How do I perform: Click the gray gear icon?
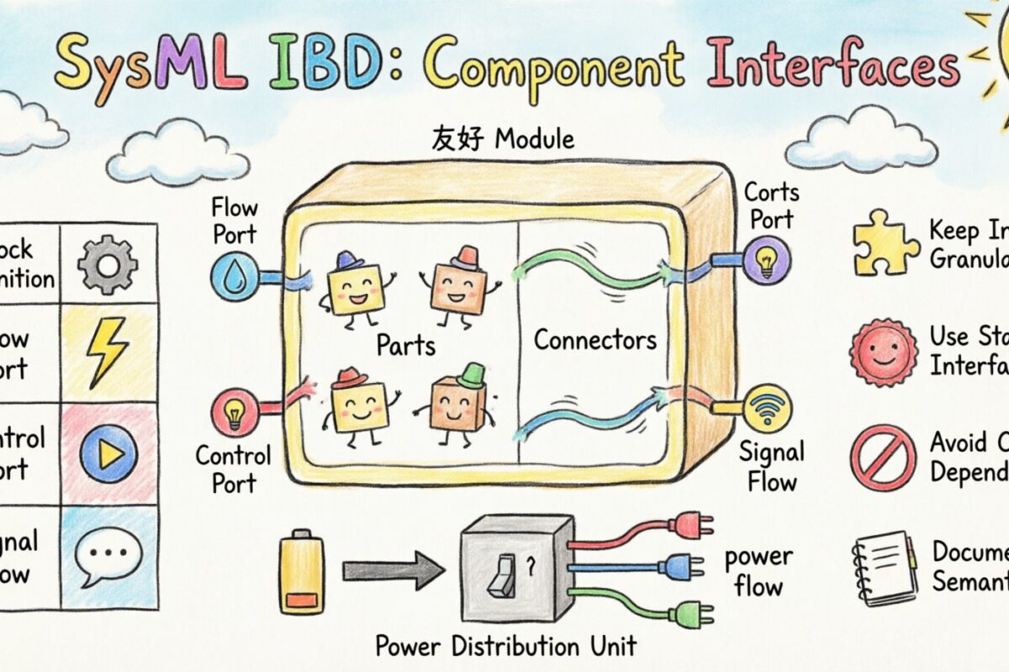click(x=107, y=264)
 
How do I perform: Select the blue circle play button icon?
click(x=108, y=453)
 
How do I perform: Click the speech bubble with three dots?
click(x=107, y=555)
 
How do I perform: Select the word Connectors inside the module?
click(x=594, y=340)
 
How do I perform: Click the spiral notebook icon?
click(x=883, y=564)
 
